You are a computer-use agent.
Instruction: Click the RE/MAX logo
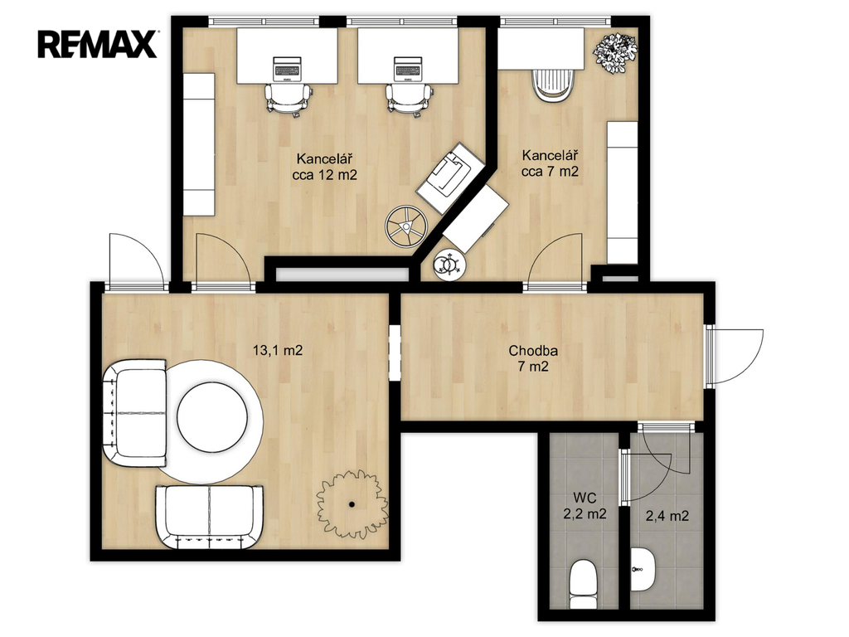[x=98, y=44]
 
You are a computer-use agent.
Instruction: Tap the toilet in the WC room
[x=584, y=585]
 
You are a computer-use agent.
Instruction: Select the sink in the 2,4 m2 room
[x=643, y=570]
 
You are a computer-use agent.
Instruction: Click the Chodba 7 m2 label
[x=533, y=358]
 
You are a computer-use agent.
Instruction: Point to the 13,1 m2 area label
[x=278, y=351]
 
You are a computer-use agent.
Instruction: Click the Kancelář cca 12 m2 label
[x=325, y=167]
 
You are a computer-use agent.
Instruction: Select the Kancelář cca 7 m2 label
[x=551, y=163]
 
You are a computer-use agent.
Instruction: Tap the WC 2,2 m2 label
[x=585, y=505]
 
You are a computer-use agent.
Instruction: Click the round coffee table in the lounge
[x=212, y=418]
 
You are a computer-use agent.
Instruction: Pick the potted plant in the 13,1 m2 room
[x=352, y=503]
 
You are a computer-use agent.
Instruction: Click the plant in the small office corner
[x=614, y=52]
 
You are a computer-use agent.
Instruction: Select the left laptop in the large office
[x=287, y=69]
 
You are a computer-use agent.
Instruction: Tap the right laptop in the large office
[x=408, y=69]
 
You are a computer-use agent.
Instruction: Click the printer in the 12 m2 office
[x=449, y=177]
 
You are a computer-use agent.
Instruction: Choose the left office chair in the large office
[x=289, y=100]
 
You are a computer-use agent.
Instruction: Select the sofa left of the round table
[x=134, y=412]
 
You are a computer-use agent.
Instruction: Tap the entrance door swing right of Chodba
[x=735, y=357]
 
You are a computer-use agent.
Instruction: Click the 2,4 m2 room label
[x=667, y=516]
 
